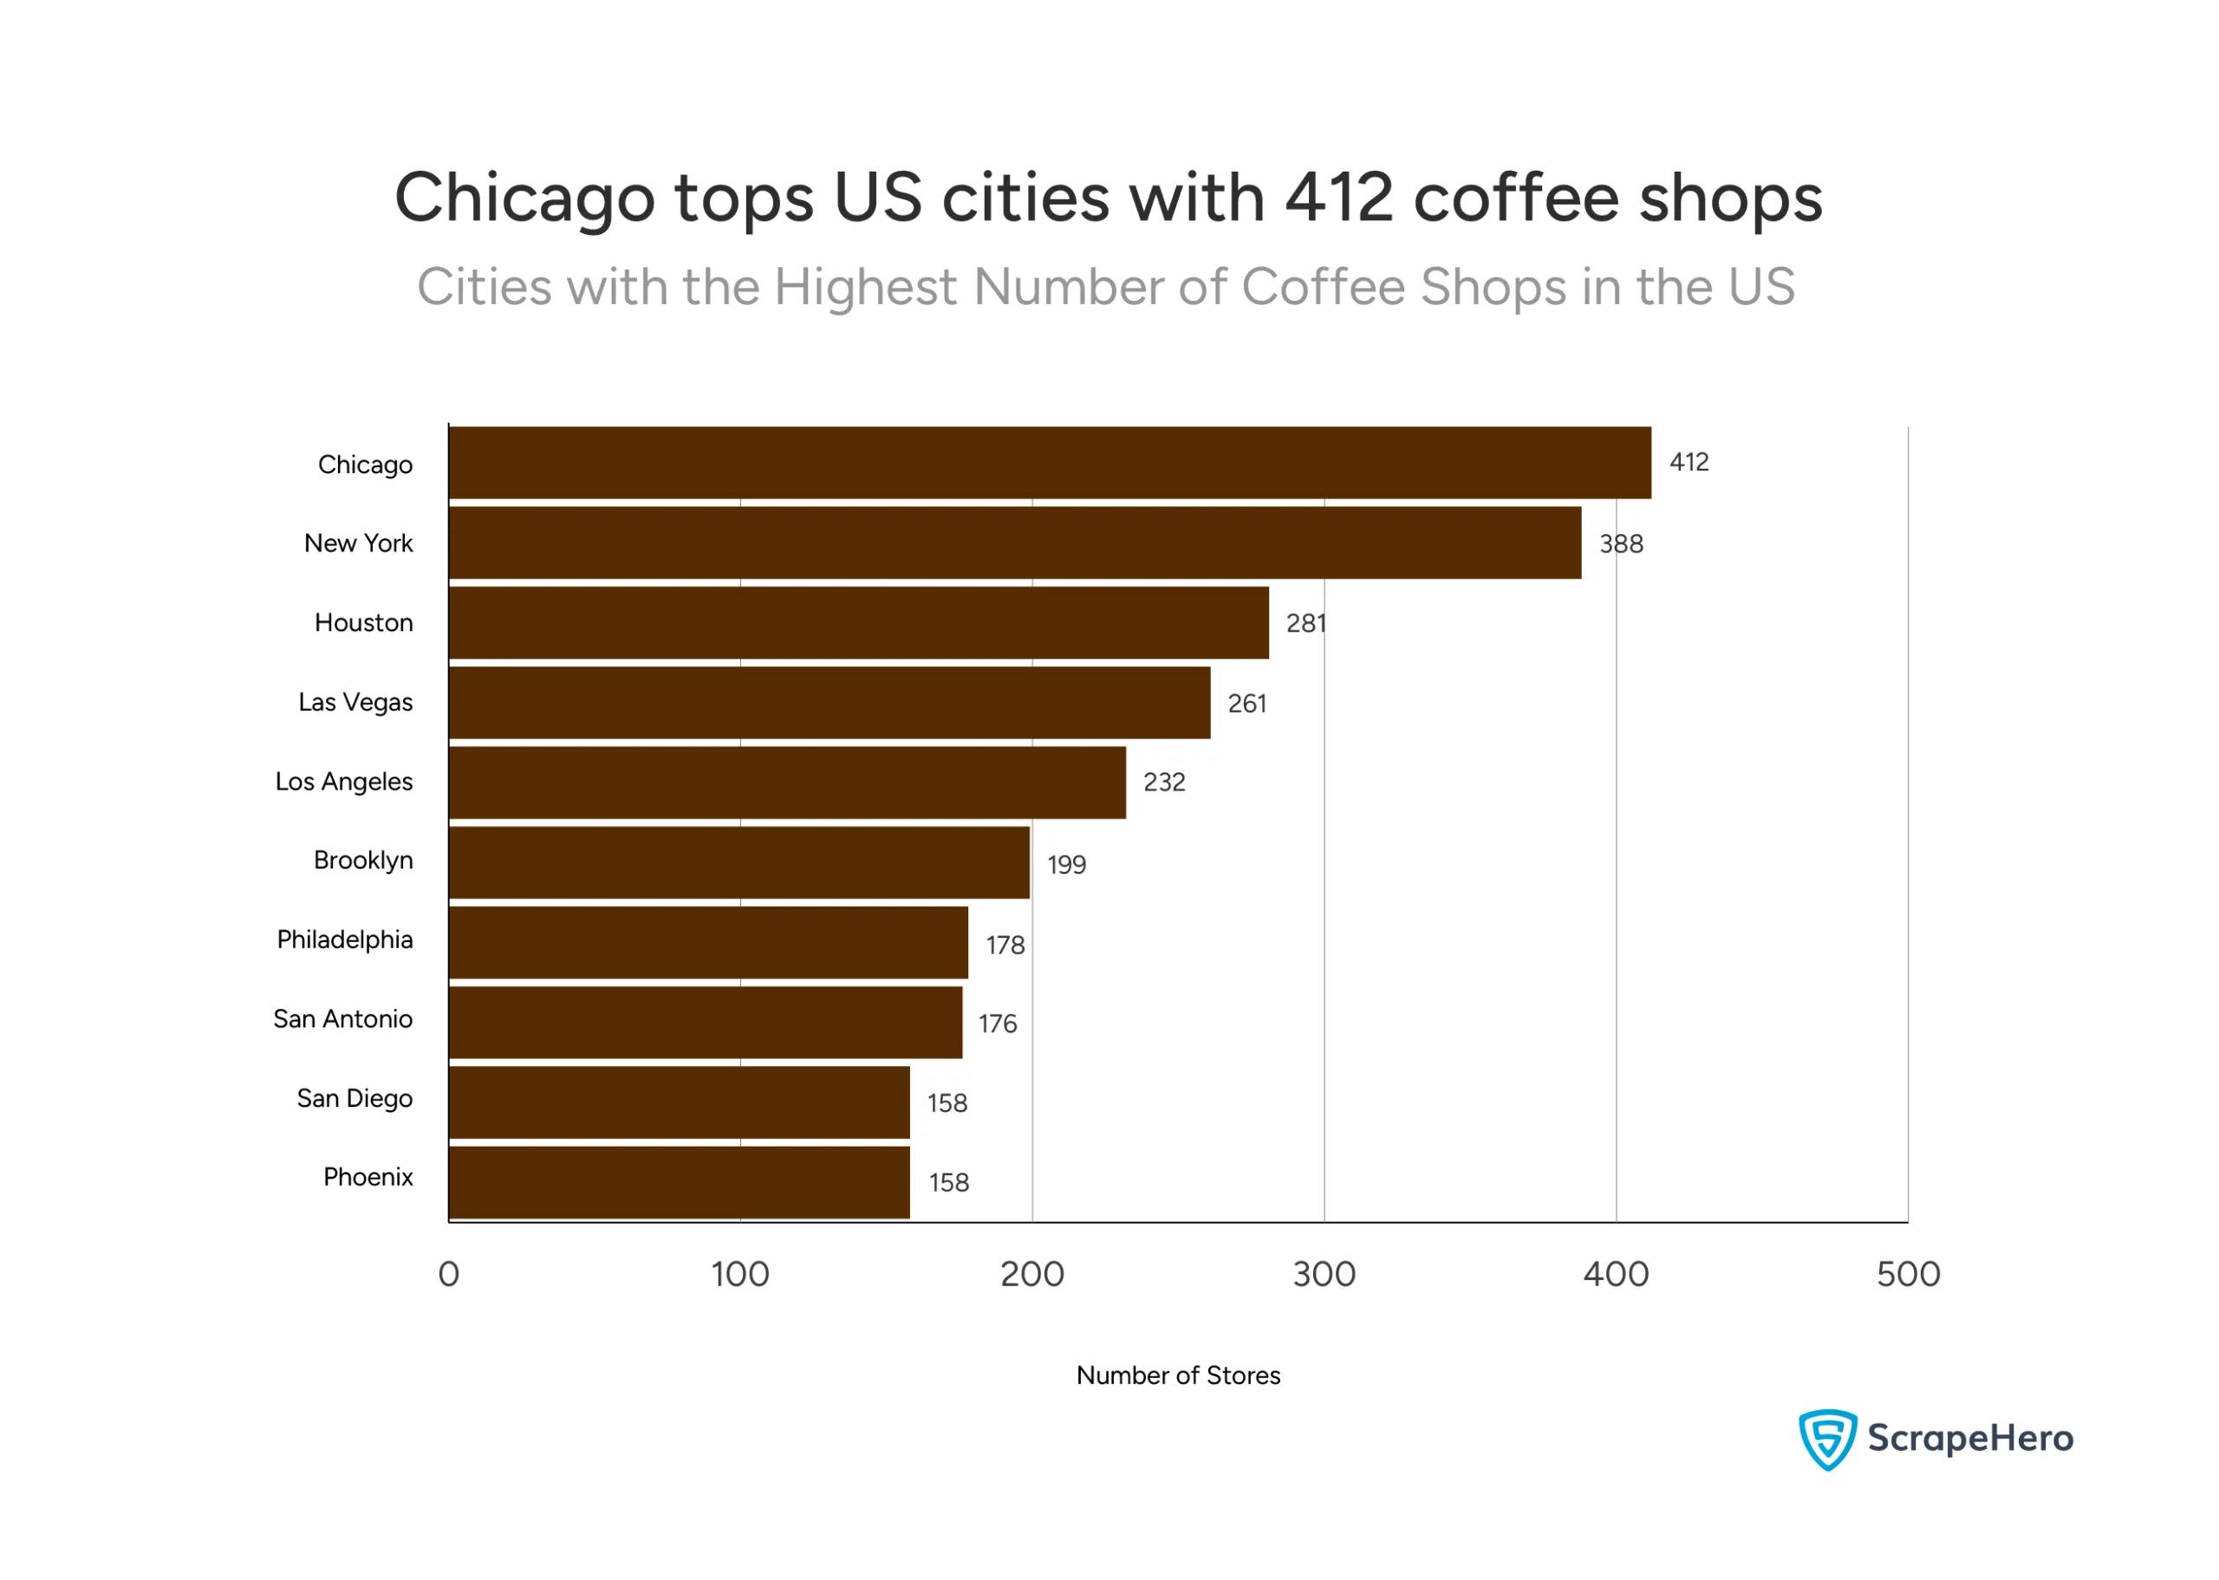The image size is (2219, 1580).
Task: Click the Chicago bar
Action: point(1049,462)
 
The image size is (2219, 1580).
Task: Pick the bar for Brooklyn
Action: point(739,862)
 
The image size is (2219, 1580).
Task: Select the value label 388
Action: point(1621,543)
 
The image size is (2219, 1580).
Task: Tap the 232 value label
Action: point(1163,783)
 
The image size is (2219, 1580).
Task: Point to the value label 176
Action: point(997,1024)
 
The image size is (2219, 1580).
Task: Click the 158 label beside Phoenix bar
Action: point(948,1182)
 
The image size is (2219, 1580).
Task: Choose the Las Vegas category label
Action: point(355,702)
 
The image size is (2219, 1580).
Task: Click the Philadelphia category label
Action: point(344,940)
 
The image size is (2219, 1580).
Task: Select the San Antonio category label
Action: point(342,1018)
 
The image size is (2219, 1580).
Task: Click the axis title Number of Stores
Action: point(1177,1375)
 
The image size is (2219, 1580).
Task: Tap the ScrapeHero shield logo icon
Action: point(1826,1438)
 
